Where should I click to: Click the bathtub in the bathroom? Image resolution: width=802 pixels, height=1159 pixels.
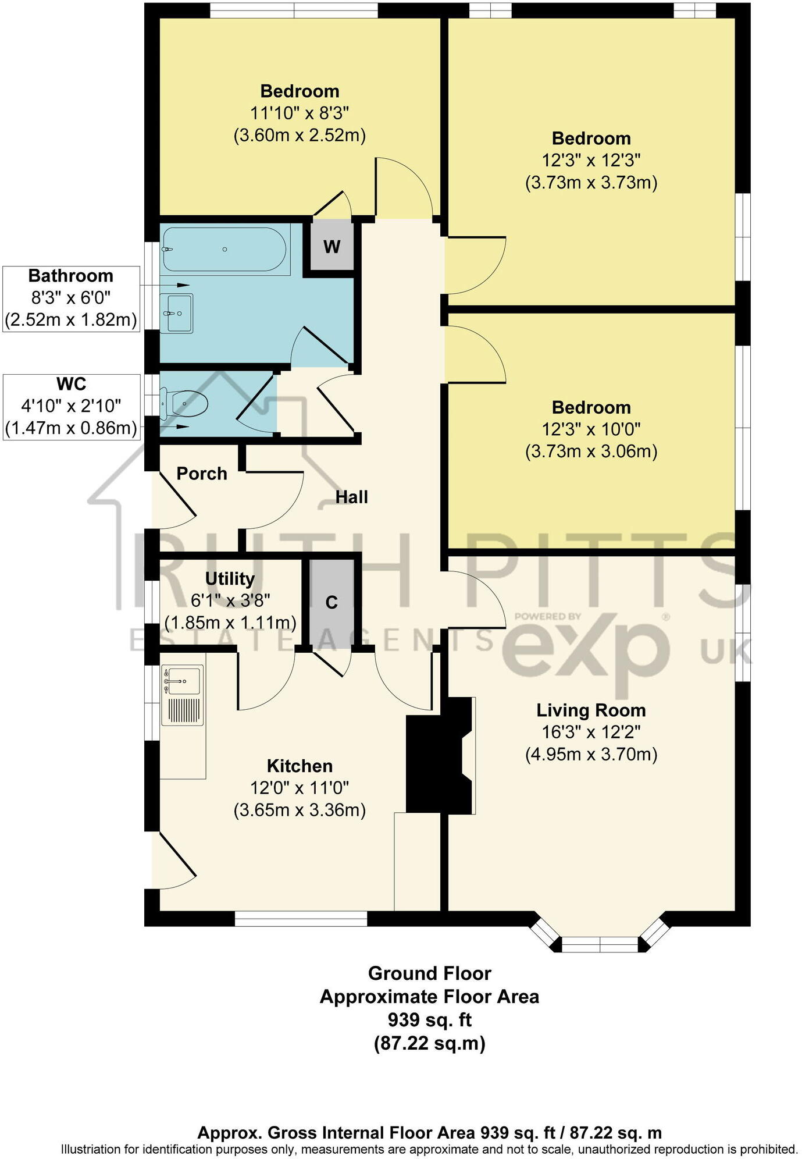tap(224, 250)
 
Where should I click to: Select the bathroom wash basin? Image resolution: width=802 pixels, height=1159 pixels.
tap(177, 313)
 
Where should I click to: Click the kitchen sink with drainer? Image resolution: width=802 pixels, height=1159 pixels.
tap(183, 696)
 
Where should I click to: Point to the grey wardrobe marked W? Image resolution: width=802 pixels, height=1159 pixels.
tap(332, 247)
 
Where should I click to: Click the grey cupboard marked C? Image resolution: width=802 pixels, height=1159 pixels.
tap(332, 603)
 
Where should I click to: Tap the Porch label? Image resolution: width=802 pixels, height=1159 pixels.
tap(201, 474)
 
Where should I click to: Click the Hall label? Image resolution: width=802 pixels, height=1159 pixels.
tap(351, 497)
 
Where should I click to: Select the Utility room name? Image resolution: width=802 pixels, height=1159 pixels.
tap(230, 579)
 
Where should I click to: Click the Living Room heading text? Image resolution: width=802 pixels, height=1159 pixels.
tap(591, 710)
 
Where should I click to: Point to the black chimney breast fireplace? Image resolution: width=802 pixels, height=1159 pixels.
tap(439, 755)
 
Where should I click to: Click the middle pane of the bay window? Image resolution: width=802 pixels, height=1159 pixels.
tap(600, 944)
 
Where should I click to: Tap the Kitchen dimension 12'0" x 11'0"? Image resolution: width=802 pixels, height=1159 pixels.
tap(300, 788)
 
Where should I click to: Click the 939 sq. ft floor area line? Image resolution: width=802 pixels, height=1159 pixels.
tap(429, 1020)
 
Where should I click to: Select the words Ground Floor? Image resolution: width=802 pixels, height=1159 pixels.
tap(429, 973)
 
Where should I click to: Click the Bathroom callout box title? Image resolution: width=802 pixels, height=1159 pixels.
tap(71, 276)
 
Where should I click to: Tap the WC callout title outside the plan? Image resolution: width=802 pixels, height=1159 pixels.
tap(71, 384)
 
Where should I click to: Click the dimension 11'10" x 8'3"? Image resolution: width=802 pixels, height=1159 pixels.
tap(300, 113)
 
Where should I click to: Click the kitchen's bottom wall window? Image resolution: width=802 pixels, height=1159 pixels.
tap(301, 918)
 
